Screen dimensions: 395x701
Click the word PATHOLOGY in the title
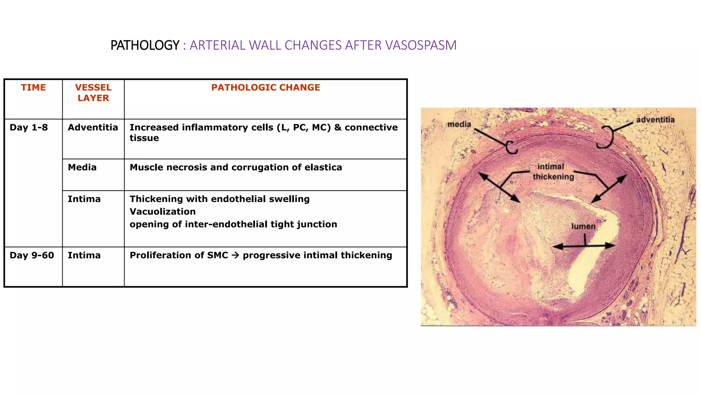(145, 45)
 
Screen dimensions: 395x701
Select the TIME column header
(33, 87)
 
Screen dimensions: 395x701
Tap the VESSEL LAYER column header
(93, 93)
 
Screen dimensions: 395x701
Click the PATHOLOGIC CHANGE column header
(265, 87)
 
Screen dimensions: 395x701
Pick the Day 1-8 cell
(29, 128)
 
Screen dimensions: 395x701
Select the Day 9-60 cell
(32, 255)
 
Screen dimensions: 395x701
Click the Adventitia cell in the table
(93, 128)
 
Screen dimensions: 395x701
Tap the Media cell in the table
(82, 167)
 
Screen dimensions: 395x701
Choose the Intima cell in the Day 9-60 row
(84, 255)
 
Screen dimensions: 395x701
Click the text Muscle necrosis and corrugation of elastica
(235, 167)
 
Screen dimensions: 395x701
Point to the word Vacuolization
(163, 212)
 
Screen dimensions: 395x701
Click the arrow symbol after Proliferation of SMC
(235, 255)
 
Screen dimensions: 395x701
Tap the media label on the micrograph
(459, 124)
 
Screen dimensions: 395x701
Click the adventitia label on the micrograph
(655, 120)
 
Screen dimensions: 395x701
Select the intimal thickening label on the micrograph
(552, 171)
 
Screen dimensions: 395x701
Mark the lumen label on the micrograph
(583, 226)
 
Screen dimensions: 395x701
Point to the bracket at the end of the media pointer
(511, 147)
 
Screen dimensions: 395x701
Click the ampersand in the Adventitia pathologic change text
(338, 128)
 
